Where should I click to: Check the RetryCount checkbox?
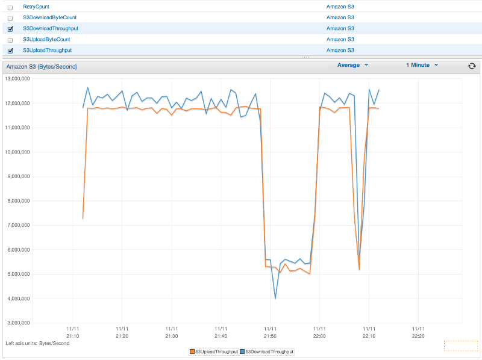pyautogui.click(x=10, y=7)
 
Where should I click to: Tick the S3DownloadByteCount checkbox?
pyautogui.click(x=10, y=18)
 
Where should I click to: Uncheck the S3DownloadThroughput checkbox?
pyautogui.click(x=10, y=29)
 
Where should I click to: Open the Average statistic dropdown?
pyautogui.click(x=352, y=65)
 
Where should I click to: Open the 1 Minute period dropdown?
pyautogui.click(x=422, y=65)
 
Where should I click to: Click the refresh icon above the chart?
pyautogui.click(x=472, y=66)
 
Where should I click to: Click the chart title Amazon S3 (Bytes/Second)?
pyautogui.click(x=42, y=66)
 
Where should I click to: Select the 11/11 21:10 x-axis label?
pyautogui.click(x=73, y=333)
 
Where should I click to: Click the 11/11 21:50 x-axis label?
pyautogui.click(x=270, y=333)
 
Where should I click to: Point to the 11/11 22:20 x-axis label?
pyautogui.click(x=418, y=333)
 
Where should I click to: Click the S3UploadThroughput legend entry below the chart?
pyautogui.click(x=213, y=351)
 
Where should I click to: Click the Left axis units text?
pyautogui.click(x=37, y=343)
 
